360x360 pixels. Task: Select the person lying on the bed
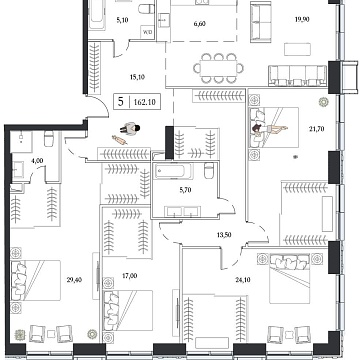268,125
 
